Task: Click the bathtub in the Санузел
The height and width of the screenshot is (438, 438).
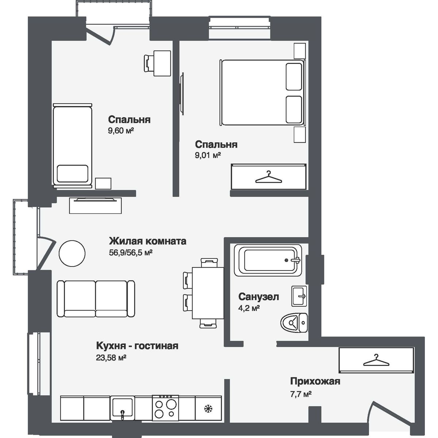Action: coord(269,260)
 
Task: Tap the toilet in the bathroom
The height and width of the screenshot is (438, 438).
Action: coord(294,322)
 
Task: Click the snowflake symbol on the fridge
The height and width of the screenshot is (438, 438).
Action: coord(209,408)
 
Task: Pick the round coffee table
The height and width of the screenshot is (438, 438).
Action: coord(72,254)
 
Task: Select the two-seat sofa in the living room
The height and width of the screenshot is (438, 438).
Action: coord(96,299)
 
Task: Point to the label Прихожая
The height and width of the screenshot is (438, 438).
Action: coord(315,381)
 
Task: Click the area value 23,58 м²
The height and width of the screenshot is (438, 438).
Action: coord(111,358)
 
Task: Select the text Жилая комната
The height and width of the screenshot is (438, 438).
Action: coord(148,241)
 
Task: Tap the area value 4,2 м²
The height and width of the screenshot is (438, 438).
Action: coord(249,308)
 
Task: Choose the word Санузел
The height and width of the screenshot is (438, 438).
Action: coord(258,297)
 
